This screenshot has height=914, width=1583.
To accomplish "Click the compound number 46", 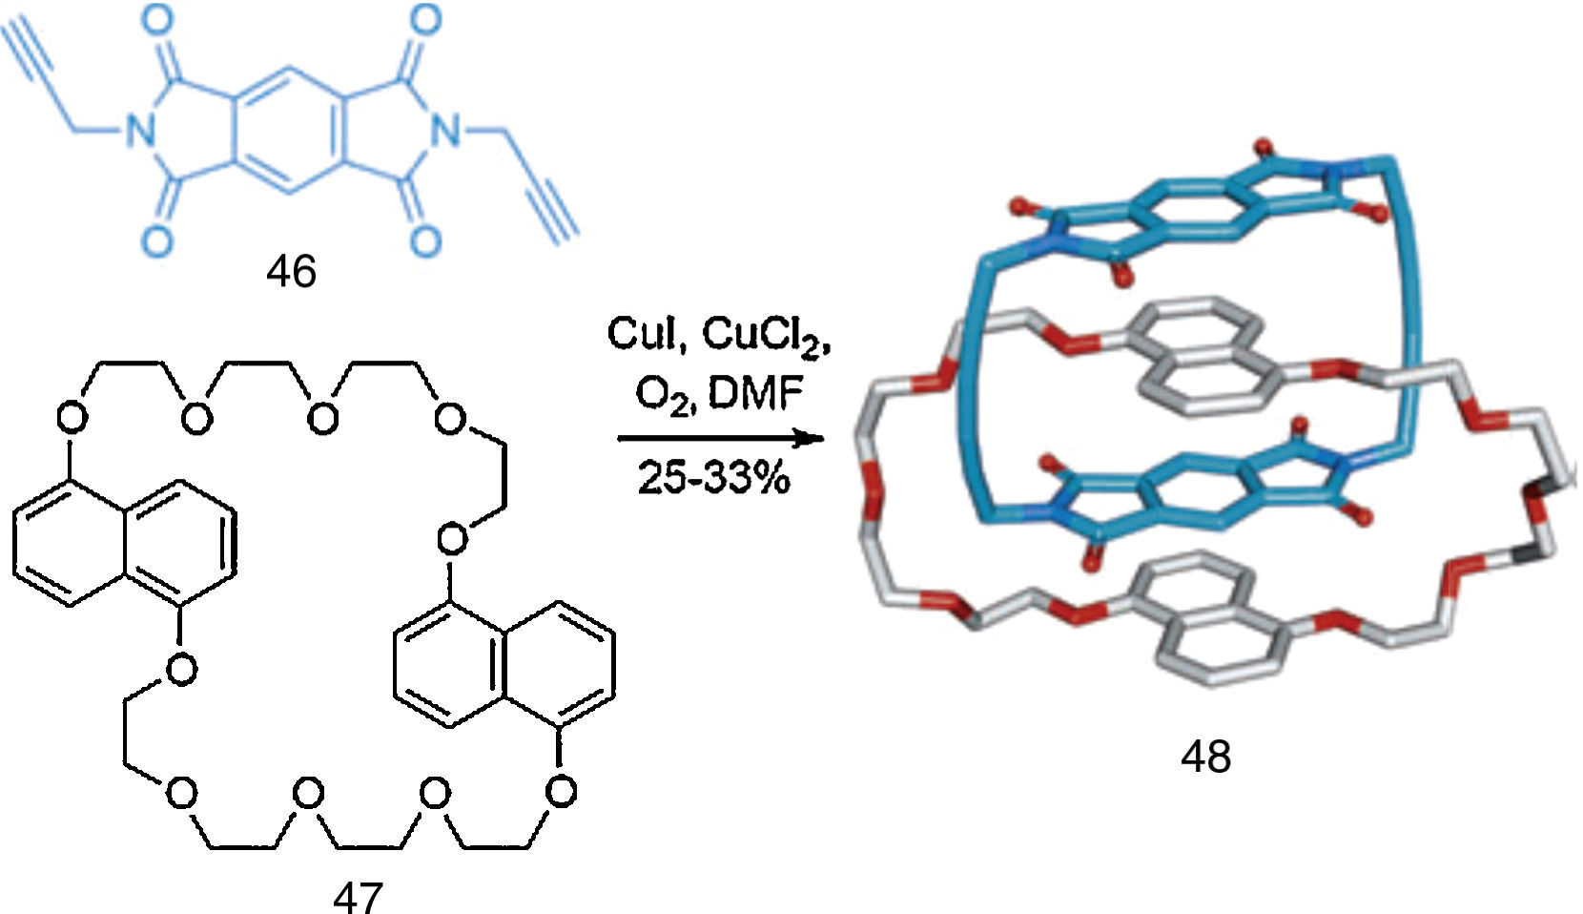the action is (x=291, y=272).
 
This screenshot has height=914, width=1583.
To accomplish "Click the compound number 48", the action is (x=1205, y=757).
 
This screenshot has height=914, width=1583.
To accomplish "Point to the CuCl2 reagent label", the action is (x=766, y=336).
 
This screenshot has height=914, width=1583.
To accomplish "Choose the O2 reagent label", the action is (x=661, y=393).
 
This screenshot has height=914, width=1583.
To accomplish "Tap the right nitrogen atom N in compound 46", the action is (x=443, y=132).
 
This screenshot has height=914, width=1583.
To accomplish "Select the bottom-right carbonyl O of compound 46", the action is (x=426, y=239).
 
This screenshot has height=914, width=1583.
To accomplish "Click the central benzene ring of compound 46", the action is (x=293, y=132).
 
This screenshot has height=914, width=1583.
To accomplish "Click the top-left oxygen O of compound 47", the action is (x=72, y=418).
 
